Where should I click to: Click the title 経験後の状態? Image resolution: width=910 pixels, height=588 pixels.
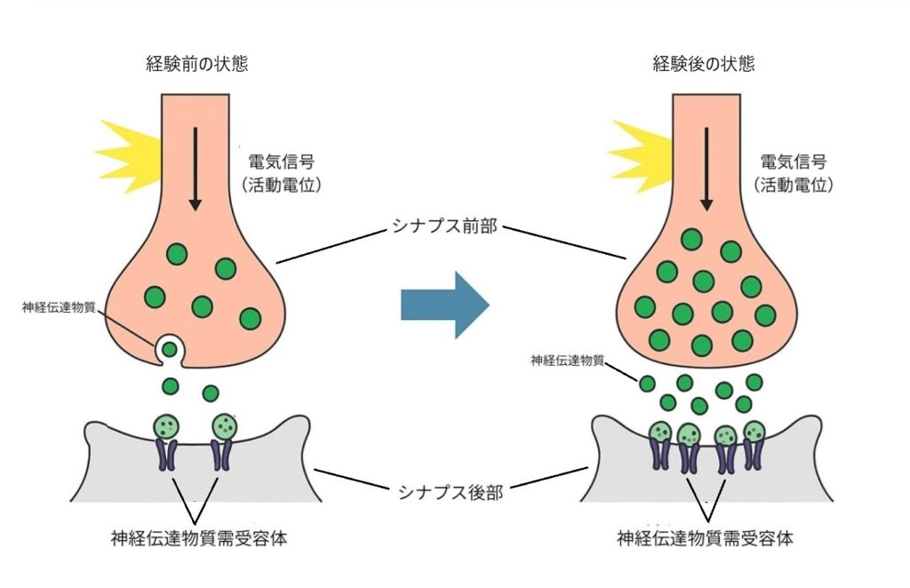click(x=704, y=64)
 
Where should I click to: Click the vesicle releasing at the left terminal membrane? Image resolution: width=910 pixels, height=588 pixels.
click(x=168, y=349)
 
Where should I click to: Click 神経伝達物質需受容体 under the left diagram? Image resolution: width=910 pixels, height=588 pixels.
click(x=198, y=538)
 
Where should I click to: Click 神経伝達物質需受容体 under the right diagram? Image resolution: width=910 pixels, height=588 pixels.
click(x=705, y=538)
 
